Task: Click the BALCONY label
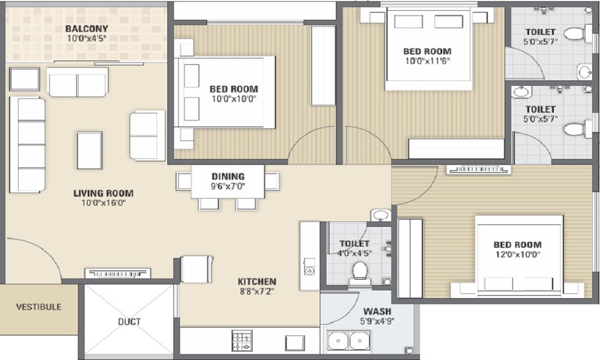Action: click(86, 29)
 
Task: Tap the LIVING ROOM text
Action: click(103, 193)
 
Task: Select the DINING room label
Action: click(227, 176)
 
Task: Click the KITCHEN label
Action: click(257, 281)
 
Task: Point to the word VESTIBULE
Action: click(38, 307)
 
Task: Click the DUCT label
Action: click(129, 322)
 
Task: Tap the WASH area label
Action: click(377, 311)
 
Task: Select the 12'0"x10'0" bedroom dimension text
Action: click(517, 254)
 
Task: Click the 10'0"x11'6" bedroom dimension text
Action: click(427, 61)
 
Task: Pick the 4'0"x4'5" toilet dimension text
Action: click(354, 253)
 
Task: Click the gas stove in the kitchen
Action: click(242, 340)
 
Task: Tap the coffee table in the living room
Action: click(89, 150)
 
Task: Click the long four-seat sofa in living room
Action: click(28, 145)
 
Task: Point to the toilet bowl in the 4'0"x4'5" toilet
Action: click(360, 271)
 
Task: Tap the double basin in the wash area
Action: click(349, 341)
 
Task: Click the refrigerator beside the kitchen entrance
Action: click(196, 268)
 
